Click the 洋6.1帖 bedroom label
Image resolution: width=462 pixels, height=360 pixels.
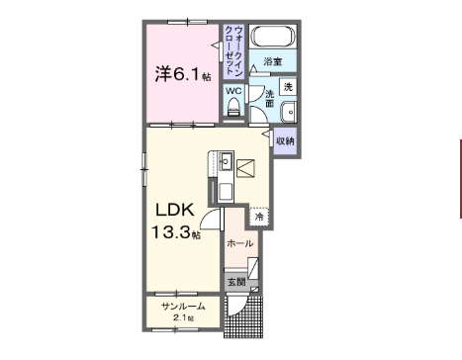point(183,74)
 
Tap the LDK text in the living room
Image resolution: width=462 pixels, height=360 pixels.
point(175,210)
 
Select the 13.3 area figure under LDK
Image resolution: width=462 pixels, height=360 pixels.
point(171,232)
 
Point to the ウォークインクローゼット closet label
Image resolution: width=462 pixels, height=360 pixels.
point(233,50)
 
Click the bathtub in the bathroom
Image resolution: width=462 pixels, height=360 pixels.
point(273,37)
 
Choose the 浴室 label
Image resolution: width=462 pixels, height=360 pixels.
point(273,61)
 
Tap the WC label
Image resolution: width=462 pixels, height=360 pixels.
point(233,91)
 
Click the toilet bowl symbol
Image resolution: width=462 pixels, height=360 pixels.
point(233,107)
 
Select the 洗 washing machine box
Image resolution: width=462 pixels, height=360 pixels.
point(288,87)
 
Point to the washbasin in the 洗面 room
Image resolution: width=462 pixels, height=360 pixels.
point(288,112)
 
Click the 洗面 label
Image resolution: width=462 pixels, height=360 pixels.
point(270,99)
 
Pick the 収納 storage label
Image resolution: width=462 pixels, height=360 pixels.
point(285,141)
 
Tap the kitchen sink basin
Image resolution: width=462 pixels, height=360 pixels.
point(226,161)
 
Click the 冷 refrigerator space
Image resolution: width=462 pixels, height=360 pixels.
point(259,217)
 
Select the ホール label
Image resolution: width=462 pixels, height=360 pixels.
point(240,243)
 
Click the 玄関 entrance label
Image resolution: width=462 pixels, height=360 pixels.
point(236,282)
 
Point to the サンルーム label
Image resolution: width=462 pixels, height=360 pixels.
point(183,307)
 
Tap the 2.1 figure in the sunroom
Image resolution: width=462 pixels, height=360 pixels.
point(179,318)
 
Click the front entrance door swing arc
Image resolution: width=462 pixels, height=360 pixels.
point(238,307)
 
